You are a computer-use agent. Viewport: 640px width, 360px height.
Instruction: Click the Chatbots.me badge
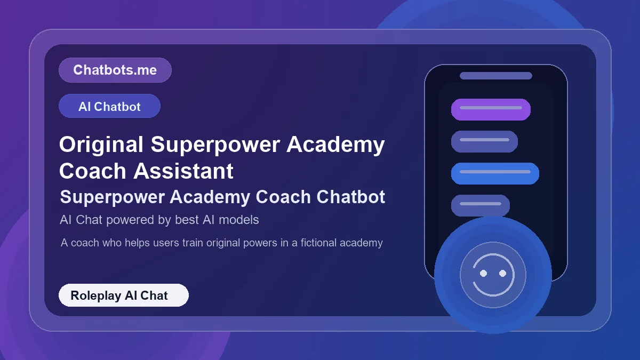tap(115, 70)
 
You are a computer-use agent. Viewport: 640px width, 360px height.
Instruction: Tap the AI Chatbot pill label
tap(109, 106)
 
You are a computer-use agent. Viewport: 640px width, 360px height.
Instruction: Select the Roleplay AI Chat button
tap(123, 295)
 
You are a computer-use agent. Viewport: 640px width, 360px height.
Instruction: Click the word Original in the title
tap(101, 145)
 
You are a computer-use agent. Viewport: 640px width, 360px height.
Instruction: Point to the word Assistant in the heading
tap(183, 171)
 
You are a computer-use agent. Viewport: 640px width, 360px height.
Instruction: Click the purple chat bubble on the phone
tap(491, 109)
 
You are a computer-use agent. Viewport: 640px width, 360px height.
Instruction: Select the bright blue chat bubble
tap(495, 173)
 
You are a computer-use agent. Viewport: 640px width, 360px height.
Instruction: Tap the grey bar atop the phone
tap(495, 76)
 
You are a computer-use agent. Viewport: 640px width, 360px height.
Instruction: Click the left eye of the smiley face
tap(484, 273)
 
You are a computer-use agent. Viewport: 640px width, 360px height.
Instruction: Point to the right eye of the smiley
tap(502, 273)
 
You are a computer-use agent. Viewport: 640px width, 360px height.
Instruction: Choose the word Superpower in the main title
tap(215, 145)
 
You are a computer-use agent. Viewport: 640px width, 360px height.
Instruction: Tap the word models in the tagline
tap(241, 219)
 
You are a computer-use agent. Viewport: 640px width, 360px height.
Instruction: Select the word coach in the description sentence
tap(85, 243)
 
